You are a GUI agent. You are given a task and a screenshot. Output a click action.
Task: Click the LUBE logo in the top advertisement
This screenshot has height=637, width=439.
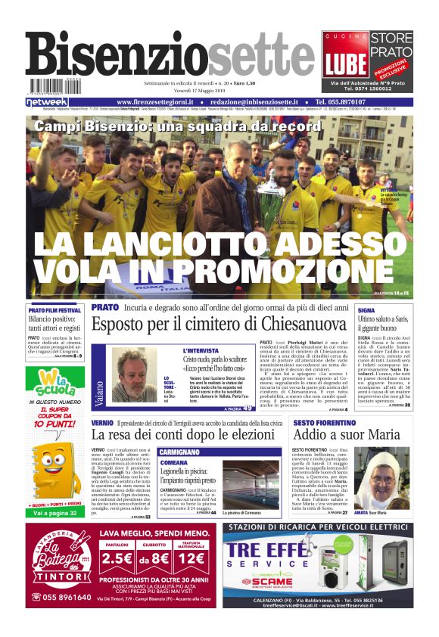(x=344, y=63)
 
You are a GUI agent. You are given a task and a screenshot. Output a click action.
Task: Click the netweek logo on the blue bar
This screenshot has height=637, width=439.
(x=47, y=102)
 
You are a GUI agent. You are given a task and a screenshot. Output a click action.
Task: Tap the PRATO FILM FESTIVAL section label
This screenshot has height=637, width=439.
(x=54, y=310)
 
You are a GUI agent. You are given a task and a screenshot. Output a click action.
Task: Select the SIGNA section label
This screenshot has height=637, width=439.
(x=366, y=310)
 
